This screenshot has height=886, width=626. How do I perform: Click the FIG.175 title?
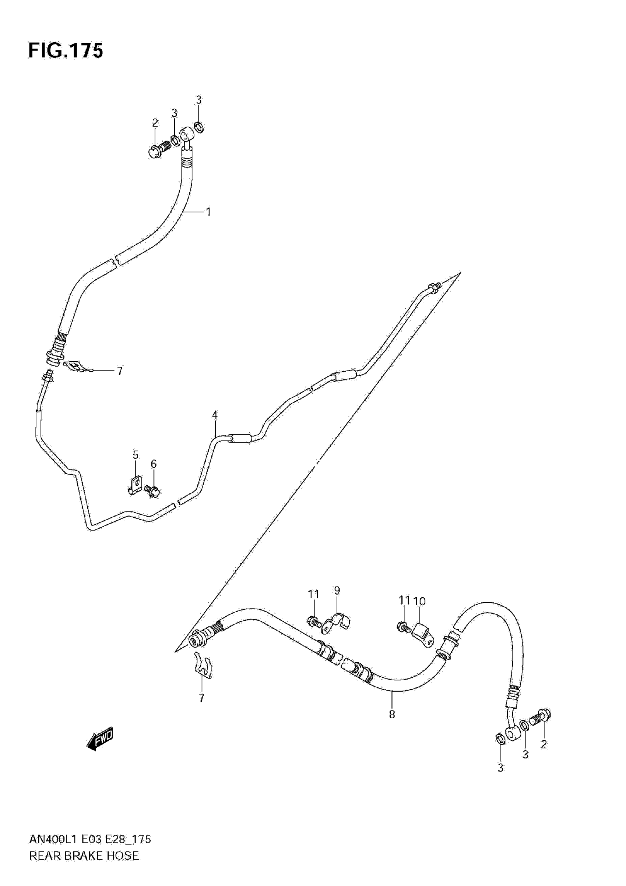click(66, 51)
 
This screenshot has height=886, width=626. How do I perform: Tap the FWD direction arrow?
click(100, 739)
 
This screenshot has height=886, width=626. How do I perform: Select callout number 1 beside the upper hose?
click(208, 212)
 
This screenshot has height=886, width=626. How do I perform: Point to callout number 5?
click(136, 455)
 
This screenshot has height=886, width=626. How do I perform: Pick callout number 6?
click(154, 464)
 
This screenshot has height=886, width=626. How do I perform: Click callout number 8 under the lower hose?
click(392, 715)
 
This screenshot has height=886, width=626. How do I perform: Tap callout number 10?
click(419, 601)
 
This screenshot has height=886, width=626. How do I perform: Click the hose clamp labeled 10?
click(422, 634)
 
